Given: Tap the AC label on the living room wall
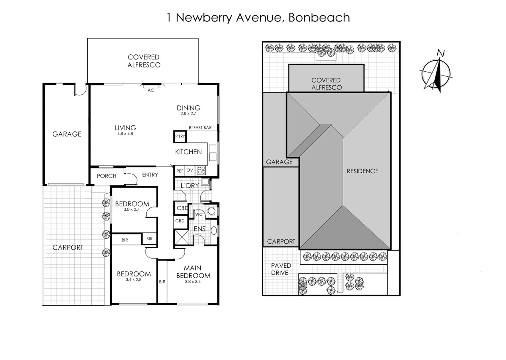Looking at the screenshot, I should click(151, 90).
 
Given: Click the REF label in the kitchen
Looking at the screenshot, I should click(180, 171).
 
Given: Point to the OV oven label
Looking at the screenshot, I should click(190, 171).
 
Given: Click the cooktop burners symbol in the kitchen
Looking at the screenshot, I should click(202, 170).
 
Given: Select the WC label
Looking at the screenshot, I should click(199, 215).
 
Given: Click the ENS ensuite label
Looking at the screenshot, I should click(200, 229).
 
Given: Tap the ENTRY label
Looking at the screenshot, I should click(150, 175).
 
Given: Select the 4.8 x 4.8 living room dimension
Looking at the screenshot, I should click(126, 134).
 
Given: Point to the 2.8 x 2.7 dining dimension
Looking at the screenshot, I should click(188, 113).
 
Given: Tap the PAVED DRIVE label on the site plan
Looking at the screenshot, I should click(280, 269).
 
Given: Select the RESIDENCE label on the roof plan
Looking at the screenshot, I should click(362, 171).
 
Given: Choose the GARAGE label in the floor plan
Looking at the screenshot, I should click(67, 134).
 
